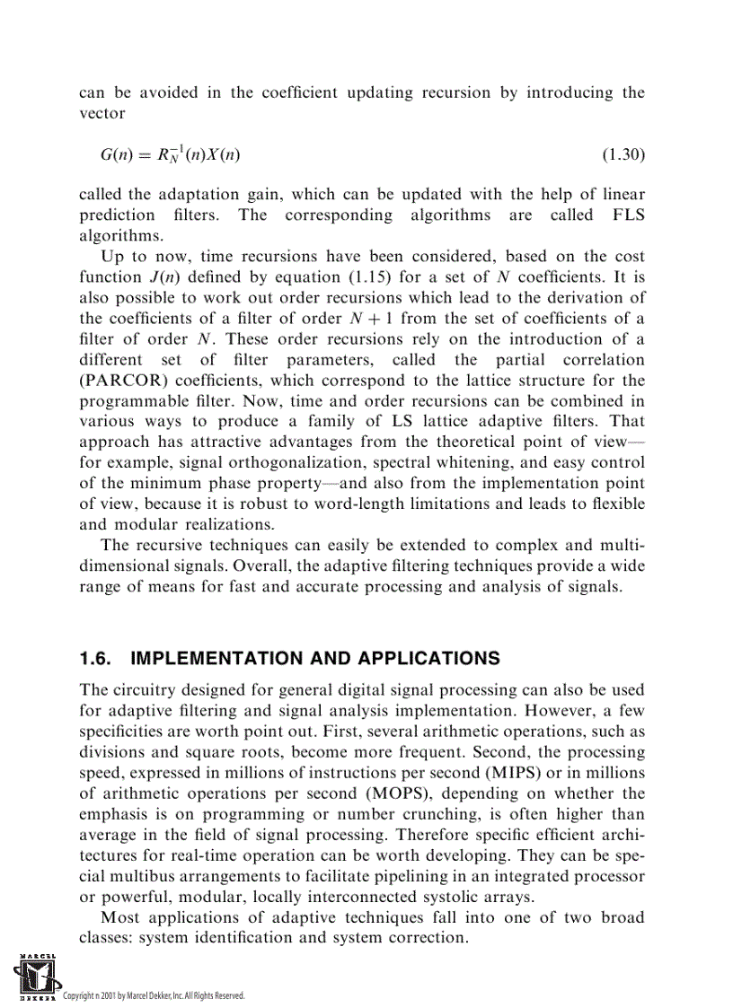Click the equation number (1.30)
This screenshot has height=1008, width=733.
point(623,155)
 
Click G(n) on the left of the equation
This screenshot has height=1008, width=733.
point(119,155)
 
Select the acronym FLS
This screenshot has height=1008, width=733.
point(628,215)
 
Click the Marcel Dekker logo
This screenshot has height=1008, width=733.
point(33,977)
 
